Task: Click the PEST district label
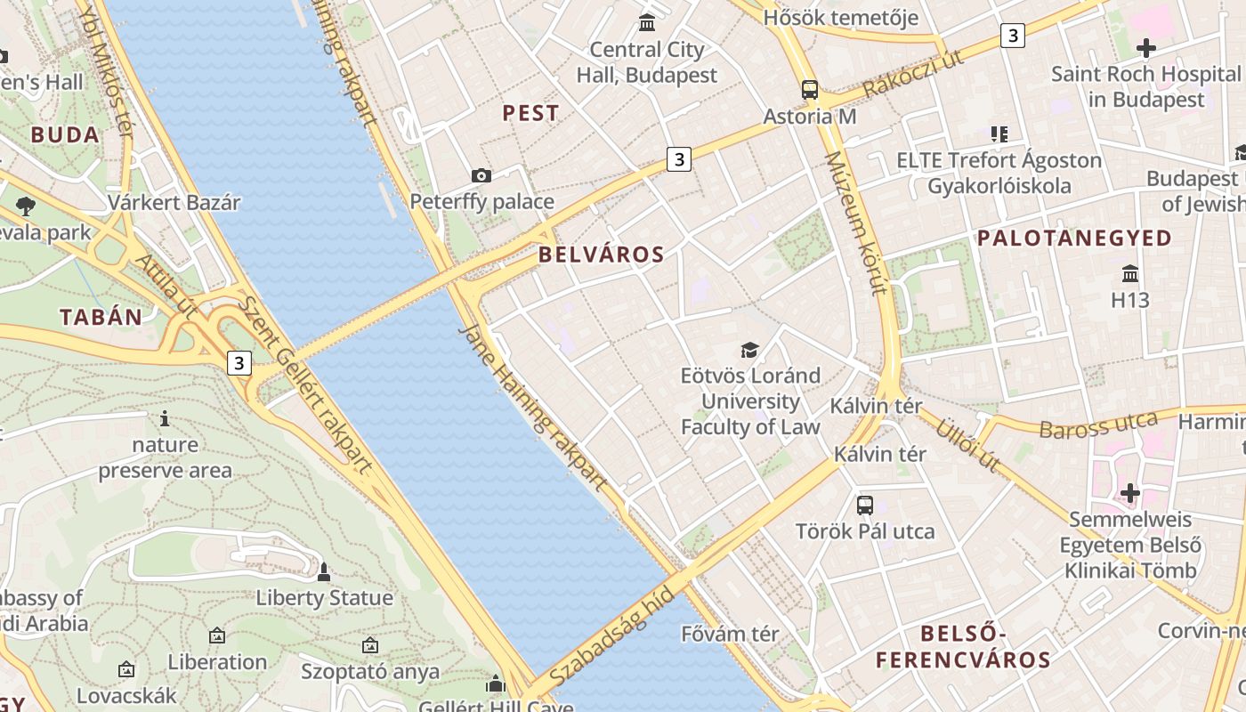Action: (x=530, y=113)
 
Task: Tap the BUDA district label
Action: (x=64, y=135)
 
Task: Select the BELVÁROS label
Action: (x=602, y=255)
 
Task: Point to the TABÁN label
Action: (x=101, y=317)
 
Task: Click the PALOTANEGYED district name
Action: (x=1074, y=238)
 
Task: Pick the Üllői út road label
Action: (x=967, y=445)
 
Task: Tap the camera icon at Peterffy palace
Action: (x=481, y=176)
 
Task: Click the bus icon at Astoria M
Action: (x=810, y=90)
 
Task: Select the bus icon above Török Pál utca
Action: (x=864, y=506)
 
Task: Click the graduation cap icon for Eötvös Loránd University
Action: (x=750, y=350)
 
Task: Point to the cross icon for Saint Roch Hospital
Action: (x=1145, y=48)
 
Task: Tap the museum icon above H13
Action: (x=1130, y=273)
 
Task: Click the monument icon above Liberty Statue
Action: (x=324, y=571)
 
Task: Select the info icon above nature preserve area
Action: (x=165, y=418)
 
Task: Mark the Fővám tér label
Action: (x=730, y=635)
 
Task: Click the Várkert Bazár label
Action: (x=174, y=202)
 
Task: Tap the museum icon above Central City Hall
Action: (x=647, y=22)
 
